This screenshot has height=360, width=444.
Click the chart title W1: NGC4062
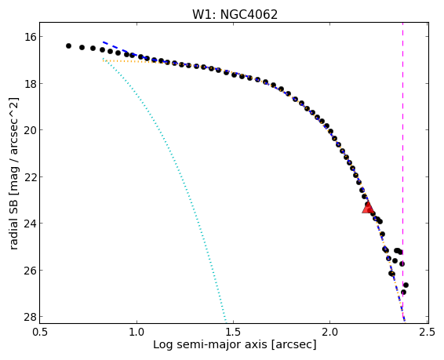[235, 14]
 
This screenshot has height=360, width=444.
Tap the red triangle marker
[368, 208]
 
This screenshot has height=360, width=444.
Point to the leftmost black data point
[68, 45]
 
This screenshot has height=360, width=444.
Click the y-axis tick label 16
[29, 37]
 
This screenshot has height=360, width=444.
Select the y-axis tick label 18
[29, 83]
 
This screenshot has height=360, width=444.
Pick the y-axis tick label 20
[29, 130]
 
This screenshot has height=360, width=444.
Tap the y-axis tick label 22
[29, 177]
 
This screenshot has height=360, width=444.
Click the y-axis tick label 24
[29, 224]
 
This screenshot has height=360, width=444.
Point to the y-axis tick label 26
[29, 270]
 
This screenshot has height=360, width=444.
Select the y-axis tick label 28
[29, 317]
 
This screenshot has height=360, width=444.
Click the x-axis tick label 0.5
[40, 332]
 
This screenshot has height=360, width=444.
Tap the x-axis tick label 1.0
[136, 332]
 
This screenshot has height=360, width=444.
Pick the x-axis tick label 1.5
[233, 332]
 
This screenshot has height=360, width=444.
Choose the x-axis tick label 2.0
[330, 332]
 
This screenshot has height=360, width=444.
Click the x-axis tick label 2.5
[427, 332]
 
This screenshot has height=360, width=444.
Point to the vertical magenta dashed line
[402, 173]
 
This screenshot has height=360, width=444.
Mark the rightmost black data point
[406, 285]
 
